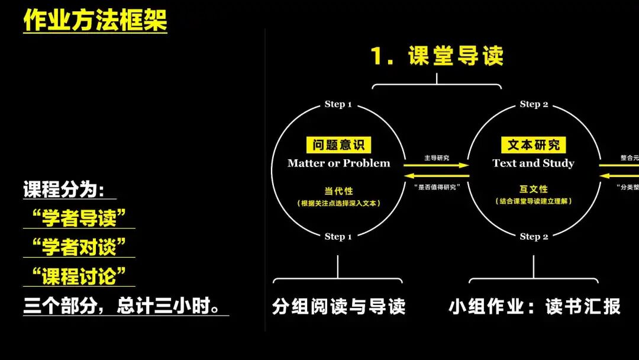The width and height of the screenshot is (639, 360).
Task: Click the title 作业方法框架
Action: pos(95,20)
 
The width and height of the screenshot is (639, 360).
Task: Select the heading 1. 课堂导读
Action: pos(437,56)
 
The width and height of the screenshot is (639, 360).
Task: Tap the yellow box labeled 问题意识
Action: pos(339,145)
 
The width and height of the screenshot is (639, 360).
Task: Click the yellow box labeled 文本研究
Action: pos(533,145)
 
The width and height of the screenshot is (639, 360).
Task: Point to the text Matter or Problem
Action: pos(339,163)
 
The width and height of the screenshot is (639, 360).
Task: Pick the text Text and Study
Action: pos(533,163)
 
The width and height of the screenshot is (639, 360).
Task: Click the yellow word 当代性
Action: pos(339,191)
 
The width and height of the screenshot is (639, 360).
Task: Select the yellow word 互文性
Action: pos(533,189)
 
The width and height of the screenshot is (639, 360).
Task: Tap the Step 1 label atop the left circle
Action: pos(338,104)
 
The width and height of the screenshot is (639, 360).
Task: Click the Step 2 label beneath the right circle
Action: pos(534,237)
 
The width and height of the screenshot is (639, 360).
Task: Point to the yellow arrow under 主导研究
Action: pos(437,165)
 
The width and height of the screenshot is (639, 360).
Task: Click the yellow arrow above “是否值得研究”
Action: pos(437,176)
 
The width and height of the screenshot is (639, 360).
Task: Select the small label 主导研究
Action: pos(437,157)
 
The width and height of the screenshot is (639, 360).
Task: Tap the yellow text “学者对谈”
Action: pos(79,247)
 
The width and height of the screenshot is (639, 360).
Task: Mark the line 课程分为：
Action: pos(64,190)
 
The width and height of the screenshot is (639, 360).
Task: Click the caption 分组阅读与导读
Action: pos(339,307)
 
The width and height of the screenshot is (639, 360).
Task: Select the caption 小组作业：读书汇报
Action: pos(534,307)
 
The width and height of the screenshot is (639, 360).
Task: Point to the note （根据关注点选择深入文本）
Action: pos(339,203)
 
